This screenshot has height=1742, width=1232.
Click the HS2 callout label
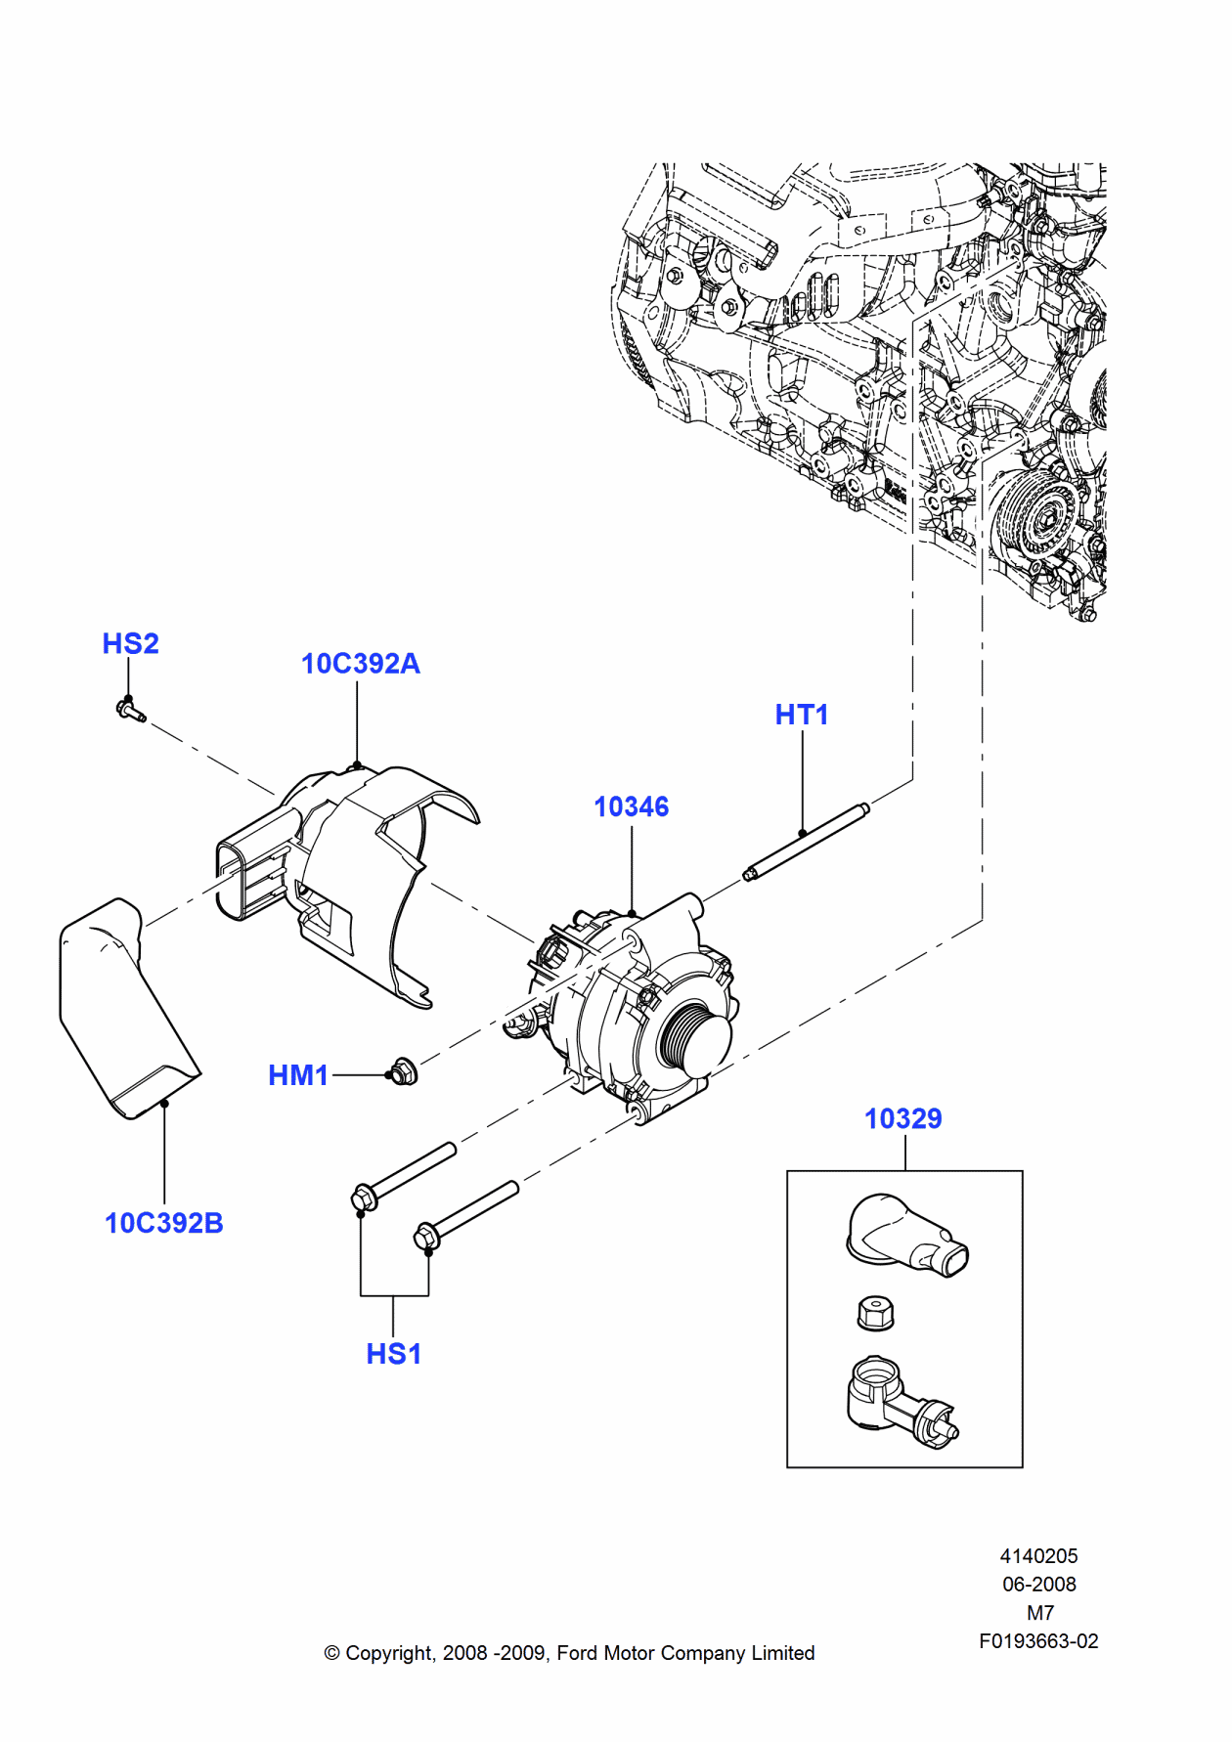click(130, 643)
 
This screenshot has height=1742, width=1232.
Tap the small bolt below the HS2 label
click(129, 709)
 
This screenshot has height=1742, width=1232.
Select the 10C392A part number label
click(360, 664)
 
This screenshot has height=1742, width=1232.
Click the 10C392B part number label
click(163, 1223)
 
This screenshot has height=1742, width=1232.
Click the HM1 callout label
click(298, 1075)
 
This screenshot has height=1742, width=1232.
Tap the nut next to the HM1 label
click(403, 1072)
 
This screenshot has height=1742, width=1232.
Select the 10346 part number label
click(632, 806)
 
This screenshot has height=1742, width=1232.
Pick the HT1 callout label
click(802, 715)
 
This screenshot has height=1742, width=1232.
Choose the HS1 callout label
click(393, 1354)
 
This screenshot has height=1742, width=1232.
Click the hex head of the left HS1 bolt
click(363, 1198)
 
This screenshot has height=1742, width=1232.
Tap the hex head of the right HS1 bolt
click(427, 1236)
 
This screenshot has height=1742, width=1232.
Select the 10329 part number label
click(902, 1118)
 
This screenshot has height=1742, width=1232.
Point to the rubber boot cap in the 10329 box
click(904, 1234)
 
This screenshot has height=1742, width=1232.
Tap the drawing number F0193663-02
click(1038, 1641)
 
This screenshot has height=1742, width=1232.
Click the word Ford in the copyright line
click(577, 1653)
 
